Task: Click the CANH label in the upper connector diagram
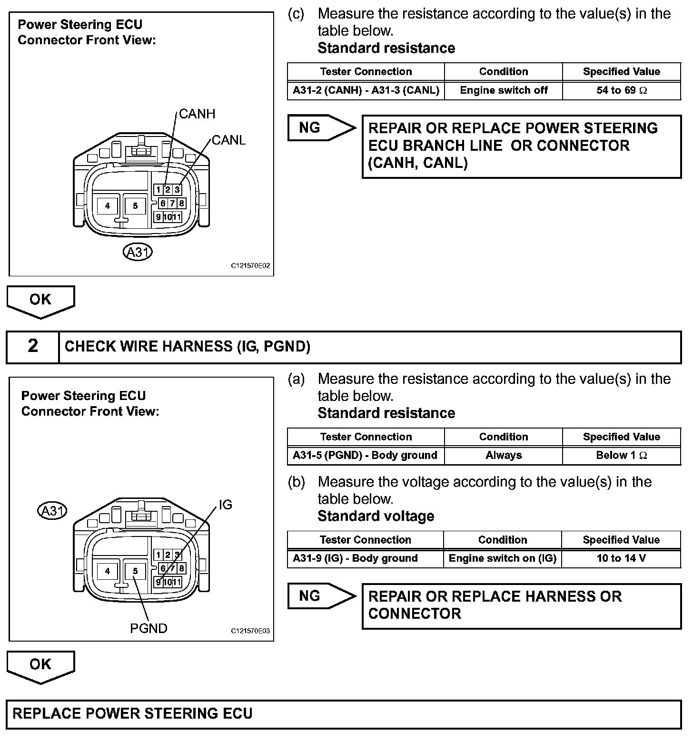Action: (x=197, y=114)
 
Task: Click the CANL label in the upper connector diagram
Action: (x=228, y=140)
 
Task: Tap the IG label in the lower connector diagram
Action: (x=225, y=505)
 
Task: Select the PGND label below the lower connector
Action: (x=148, y=628)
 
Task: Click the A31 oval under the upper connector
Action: (x=138, y=252)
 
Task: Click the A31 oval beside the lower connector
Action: (x=52, y=511)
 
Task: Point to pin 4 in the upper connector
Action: (x=108, y=206)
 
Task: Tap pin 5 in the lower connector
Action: (x=135, y=571)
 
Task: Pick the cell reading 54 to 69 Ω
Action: (x=621, y=90)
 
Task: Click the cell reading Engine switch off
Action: (x=504, y=90)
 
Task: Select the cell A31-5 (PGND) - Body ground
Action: (x=365, y=455)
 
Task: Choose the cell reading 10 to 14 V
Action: (x=621, y=558)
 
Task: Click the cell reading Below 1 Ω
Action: (x=621, y=455)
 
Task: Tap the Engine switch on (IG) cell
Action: (x=503, y=558)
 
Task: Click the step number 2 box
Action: (x=33, y=346)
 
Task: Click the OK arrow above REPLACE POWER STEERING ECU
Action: (x=40, y=666)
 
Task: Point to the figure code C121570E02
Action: (x=250, y=266)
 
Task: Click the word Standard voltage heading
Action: (x=376, y=516)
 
